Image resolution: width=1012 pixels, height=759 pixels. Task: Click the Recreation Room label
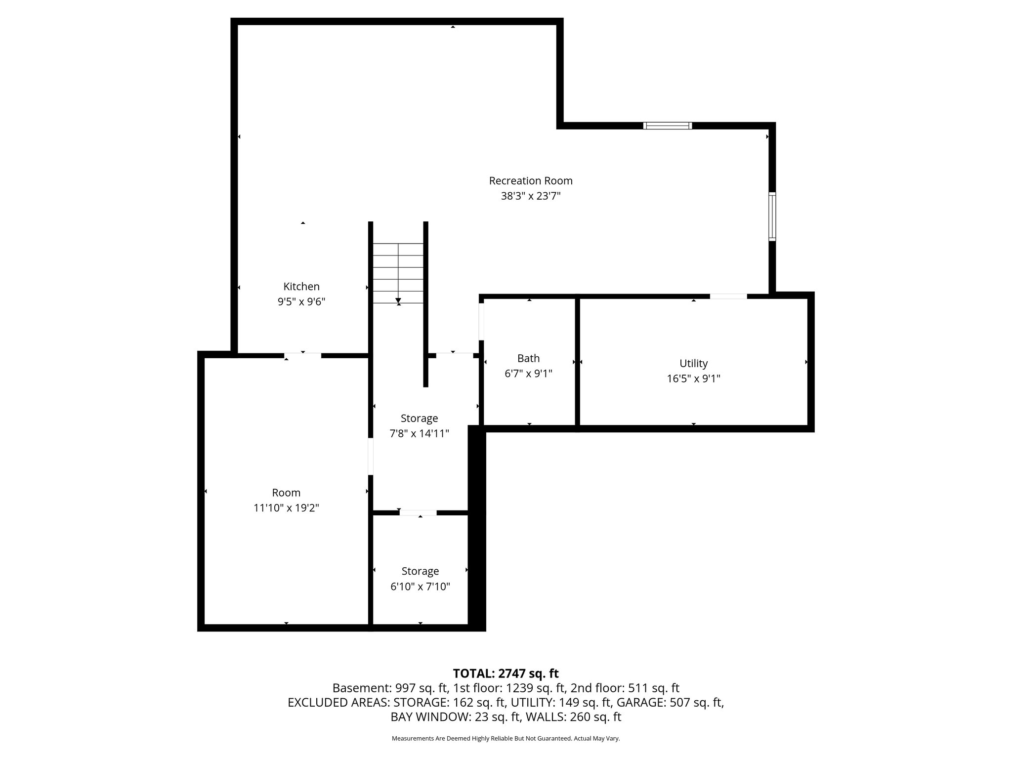pyautogui.click(x=530, y=181)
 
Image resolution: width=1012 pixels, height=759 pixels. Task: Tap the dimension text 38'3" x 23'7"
pyautogui.click(x=530, y=196)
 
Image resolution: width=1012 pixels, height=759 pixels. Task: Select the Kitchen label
pyautogui.click(x=301, y=287)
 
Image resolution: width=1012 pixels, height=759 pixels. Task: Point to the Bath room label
pyautogui.click(x=528, y=358)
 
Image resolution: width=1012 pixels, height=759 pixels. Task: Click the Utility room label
pyautogui.click(x=693, y=364)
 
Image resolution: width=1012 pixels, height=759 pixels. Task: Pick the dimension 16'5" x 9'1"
pyautogui.click(x=693, y=379)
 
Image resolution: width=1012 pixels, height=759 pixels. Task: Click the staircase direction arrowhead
pyautogui.click(x=398, y=300)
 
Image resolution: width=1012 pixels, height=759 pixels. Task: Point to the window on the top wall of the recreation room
pyautogui.click(x=667, y=126)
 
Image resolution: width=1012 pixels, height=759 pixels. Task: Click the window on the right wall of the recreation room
pyautogui.click(x=772, y=216)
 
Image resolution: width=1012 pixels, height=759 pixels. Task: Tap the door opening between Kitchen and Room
pyautogui.click(x=302, y=355)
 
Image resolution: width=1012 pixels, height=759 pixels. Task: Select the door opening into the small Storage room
pyautogui.click(x=418, y=513)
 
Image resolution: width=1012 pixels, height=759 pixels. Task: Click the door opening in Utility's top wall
pyautogui.click(x=728, y=296)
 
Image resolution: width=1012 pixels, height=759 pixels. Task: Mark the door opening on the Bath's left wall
pyautogui.click(x=481, y=322)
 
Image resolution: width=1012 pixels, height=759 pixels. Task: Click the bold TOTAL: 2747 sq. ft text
pyautogui.click(x=506, y=674)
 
